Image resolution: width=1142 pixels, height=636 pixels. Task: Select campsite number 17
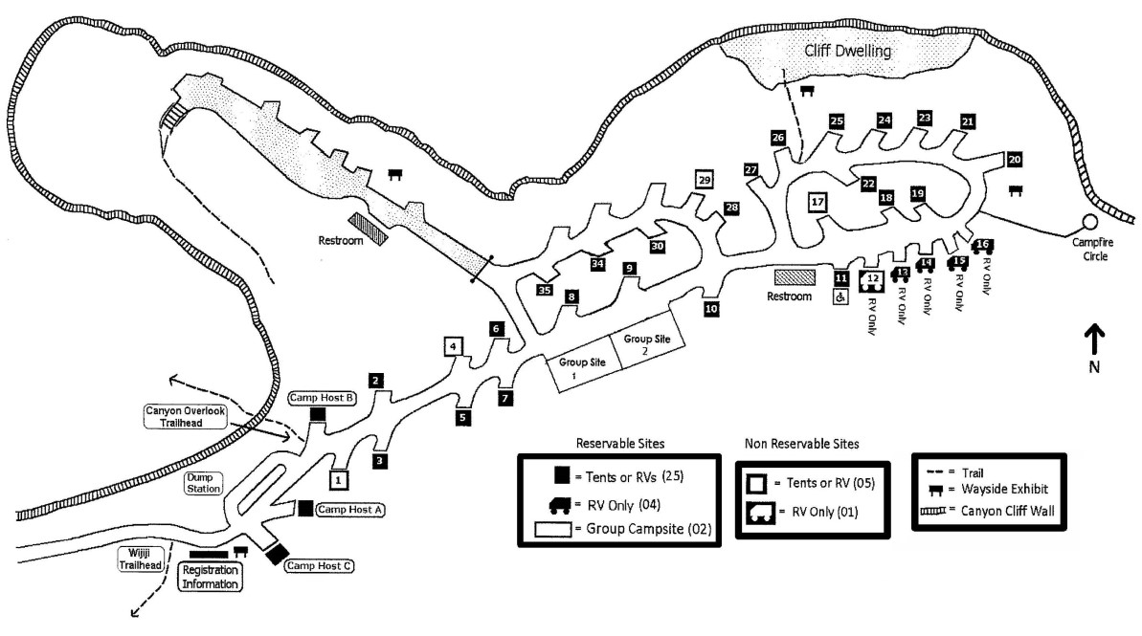(x=817, y=203)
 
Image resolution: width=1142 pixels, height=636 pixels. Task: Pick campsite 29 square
(x=705, y=179)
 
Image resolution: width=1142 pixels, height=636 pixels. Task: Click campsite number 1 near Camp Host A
(x=339, y=479)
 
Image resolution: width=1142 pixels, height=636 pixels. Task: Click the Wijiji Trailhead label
(x=134, y=559)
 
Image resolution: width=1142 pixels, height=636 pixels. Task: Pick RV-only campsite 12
(x=872, y=281)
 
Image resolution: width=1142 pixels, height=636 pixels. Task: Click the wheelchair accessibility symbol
(x=840, y=297)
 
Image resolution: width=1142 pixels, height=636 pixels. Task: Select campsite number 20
(x=1015, y=159)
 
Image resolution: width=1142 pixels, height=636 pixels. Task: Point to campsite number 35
(x=545, y=290)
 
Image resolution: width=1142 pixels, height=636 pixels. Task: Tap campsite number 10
(x=710, y=309)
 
